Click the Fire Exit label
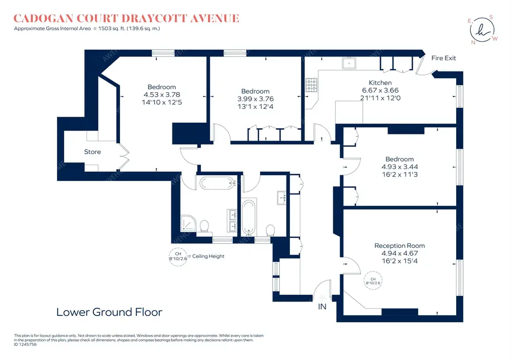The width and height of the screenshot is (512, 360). [x=444, y=58]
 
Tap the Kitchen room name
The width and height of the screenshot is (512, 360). [x=380, y=83]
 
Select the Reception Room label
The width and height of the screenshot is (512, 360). [x=399, y=246]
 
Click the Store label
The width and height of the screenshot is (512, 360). [x=93, y=152]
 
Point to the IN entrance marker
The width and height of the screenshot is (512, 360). [x=322, y=306]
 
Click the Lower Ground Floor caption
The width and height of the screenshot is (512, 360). [x=109, y=312]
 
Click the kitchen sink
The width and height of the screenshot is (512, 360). [x=351, y=63]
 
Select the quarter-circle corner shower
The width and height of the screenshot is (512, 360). [x=190, y=223]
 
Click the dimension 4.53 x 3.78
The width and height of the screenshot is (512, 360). [x=162, y=94]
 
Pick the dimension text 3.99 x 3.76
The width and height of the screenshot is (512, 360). [x=255, y=99]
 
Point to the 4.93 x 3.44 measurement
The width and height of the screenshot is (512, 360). [x=399, y=167]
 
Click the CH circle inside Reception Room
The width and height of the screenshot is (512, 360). [x=372, y=281]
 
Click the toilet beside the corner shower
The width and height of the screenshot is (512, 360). [x=204, y=225]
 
